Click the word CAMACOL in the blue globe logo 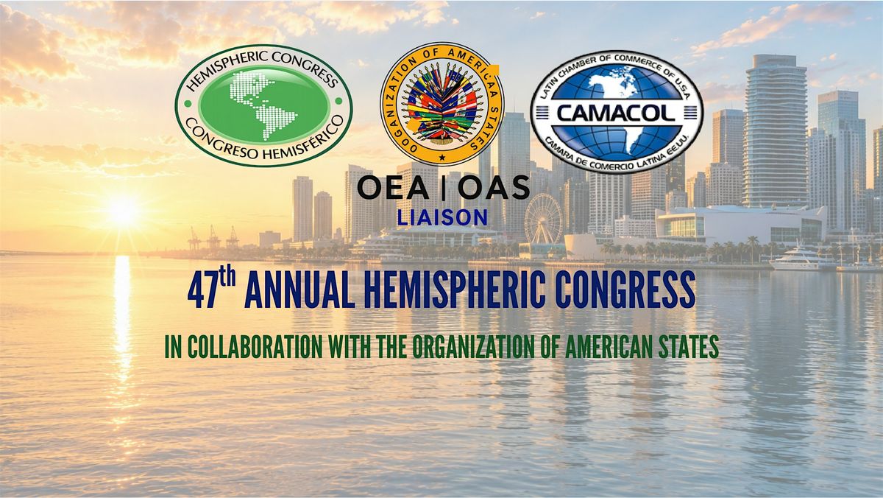(616, 113)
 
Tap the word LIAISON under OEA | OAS (442, 217)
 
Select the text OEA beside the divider (393, 187)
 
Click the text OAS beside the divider (494, 187)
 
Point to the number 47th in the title (212, 290)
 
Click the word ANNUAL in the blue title (297, 290)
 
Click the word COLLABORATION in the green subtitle (255, 347)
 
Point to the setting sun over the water (122, 211)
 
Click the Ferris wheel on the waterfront (543, 218)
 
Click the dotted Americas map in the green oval (263, 105)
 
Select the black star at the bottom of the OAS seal (442, 157)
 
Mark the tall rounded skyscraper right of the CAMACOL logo (774, 130)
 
